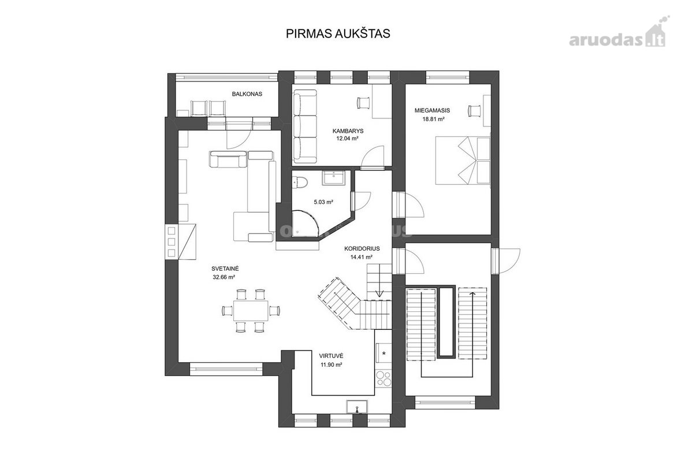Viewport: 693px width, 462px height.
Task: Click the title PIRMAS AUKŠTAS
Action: pyautogui.click(x=338, y=33)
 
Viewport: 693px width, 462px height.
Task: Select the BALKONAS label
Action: pyautogui.click(x=247, y=94)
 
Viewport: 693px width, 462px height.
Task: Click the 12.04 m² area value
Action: pyautogui.click(x=347, y=139)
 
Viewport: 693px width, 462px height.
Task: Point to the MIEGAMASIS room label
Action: pyautogui.click(x=432, y=110)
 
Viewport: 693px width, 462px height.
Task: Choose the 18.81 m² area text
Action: pyautogui.click(x=434, y=119)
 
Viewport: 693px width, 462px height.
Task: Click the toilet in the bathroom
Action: pyautogui.click(x=300, y=182)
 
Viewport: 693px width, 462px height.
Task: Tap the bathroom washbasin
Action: pyautogui.click(x=334, y=178)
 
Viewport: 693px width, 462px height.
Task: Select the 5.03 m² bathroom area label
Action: pyautogui.click(x=323, y=202)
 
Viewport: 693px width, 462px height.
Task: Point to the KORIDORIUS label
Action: pyautogui.click(x=362, y=248)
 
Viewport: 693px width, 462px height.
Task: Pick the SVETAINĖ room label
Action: pyautogui.click(x=225, y=269)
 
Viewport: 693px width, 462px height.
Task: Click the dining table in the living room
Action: pyautogui.click(x=251, y=310)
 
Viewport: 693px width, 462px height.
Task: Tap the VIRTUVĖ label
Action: pyautogui.click(x=331, y=356)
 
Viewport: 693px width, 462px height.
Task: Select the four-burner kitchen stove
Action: pyautogui.click(x=383, y=379)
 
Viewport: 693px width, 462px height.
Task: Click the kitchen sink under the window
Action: pyautogui.click(x=357, y=407)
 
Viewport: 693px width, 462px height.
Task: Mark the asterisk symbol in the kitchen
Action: pyautogui.click(x=384, y=353)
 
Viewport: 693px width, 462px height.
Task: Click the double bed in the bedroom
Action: pyautogui.click(x=463, y=161)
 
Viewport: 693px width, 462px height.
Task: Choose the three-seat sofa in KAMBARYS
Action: pyautogui.click(x=305, y=126)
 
